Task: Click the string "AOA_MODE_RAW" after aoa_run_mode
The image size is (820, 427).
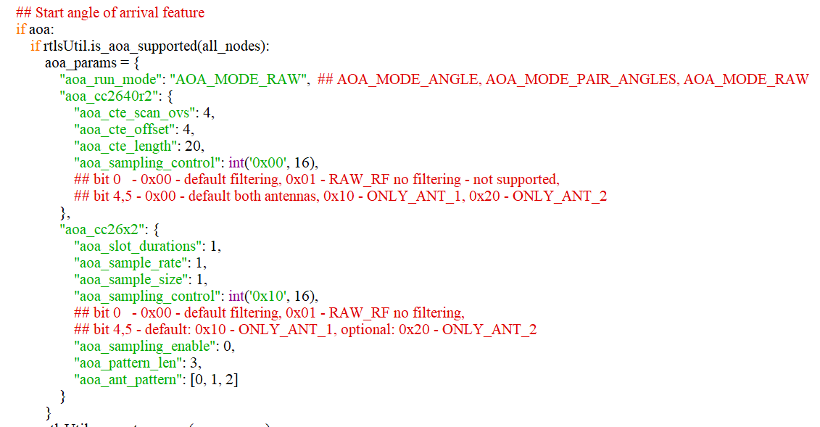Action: click(x=239, y=79)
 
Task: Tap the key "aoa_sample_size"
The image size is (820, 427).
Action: click(x=131, y=279)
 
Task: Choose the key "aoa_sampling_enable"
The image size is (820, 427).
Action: click(x=145, y=346)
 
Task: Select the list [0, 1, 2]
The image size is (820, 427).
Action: click(x=214, y=379)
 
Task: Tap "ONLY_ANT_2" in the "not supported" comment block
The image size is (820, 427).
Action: click(x=560, y=196)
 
